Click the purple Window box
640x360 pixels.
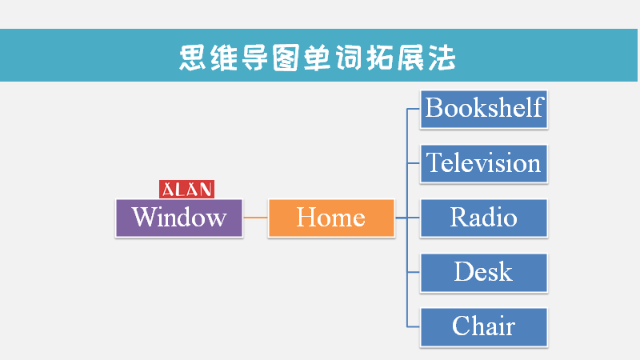coord(179,218)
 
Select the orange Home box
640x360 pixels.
coord(331,218)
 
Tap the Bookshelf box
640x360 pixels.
coord(484,110)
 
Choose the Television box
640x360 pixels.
coord(484,164)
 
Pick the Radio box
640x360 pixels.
coord(484,218)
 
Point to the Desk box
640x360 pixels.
coord(484,273)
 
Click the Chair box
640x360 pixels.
coord(484,327)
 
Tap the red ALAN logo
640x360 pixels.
coord(186,190)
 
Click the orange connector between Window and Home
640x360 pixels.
coord(255,218)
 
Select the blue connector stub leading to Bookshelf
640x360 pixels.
coord(414,109)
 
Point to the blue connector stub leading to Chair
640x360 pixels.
coord(414,326)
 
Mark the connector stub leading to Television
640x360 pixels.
coord(414,163)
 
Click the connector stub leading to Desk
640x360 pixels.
coord(414,272)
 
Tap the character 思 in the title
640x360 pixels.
coord(192,58)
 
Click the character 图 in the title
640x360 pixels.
coord(286,58)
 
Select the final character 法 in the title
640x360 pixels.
coord(442,58)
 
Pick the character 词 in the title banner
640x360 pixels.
coord(348,58)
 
